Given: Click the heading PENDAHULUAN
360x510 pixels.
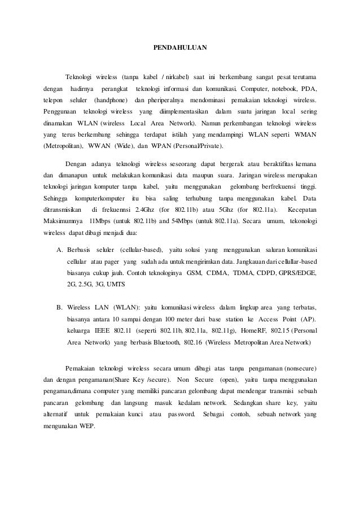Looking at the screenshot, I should tap(180, 50).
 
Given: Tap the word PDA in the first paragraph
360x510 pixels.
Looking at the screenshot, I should tap(308, 89).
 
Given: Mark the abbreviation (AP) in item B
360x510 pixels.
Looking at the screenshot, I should tap(308, 319).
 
